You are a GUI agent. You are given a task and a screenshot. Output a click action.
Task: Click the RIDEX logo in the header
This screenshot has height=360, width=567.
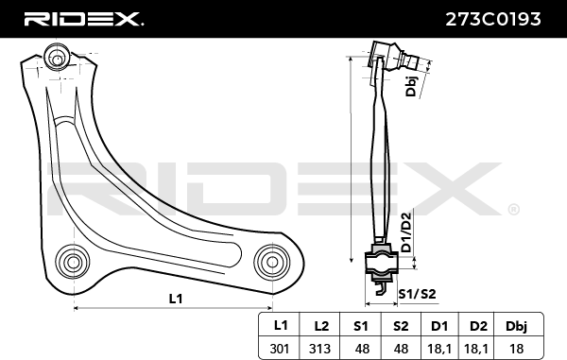point(83,19)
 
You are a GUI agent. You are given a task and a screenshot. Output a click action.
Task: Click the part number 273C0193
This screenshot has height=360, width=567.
point(493,19)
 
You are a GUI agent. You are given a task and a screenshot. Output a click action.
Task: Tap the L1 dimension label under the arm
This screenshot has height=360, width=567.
point(176,299)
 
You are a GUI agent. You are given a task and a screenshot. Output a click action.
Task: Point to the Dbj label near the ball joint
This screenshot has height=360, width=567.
point(411,86)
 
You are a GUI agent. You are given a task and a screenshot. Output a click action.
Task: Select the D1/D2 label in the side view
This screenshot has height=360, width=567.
point(406,232)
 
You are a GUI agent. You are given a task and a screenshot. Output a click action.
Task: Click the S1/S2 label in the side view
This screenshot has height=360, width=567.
point(417,294)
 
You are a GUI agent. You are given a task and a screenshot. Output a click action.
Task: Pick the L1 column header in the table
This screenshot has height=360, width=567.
point(281,326)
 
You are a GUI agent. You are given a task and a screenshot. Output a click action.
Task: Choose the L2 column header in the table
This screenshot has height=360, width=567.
point(321,326)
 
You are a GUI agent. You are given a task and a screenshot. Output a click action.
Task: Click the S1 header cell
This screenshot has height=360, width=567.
point(361,326)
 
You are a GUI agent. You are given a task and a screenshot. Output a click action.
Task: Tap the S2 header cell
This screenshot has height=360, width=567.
point(401,326)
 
